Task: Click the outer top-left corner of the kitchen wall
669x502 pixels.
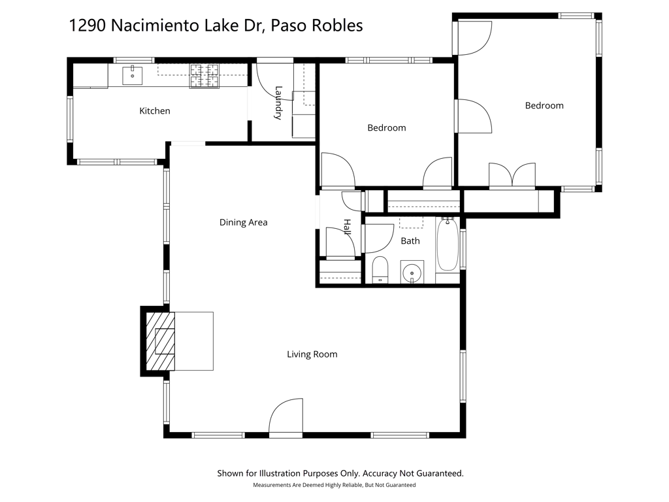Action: [67, 58]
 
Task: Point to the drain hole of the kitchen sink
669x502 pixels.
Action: [133, 76]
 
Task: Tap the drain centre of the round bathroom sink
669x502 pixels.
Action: [412, 273]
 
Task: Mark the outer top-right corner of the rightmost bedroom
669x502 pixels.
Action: [602, 14]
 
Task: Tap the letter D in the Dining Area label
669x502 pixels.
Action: [223, 222]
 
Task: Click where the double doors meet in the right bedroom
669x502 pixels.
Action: [512, 187]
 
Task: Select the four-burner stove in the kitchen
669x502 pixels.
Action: [204, 76]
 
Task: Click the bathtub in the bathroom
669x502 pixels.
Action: [448, 244]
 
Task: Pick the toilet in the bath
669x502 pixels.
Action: [380, 270]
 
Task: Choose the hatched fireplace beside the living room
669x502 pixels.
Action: [161, 341]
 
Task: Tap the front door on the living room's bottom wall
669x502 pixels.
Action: [286, 416]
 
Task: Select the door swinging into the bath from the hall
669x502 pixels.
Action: [379, 238]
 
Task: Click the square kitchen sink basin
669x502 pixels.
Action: [132, 76]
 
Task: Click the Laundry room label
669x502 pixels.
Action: [278, 103]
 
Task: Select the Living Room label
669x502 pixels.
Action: [312, 354]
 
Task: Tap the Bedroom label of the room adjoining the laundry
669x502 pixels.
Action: [387, 127]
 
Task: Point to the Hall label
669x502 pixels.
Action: [347, 227]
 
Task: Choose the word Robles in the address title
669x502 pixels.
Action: [338, 25]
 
